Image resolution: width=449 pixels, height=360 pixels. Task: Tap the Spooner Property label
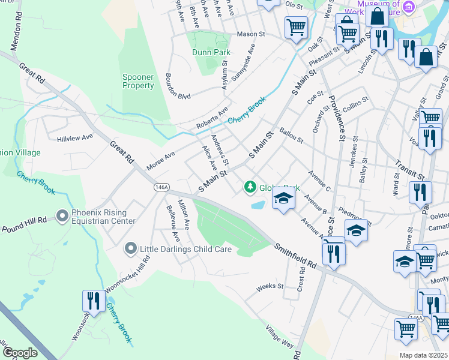[138, 81]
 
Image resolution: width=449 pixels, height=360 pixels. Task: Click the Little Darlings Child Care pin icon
[130, 248]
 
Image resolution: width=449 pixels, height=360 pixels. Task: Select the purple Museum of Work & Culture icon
[409, 7]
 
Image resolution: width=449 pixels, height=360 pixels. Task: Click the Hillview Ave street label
[75, 137]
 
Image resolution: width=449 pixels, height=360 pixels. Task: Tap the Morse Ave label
[160, 160]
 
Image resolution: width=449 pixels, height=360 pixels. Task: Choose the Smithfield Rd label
[296, 255]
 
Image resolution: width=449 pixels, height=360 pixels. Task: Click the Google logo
[20, 352]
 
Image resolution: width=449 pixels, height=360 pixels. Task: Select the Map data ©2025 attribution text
[423, 355]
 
